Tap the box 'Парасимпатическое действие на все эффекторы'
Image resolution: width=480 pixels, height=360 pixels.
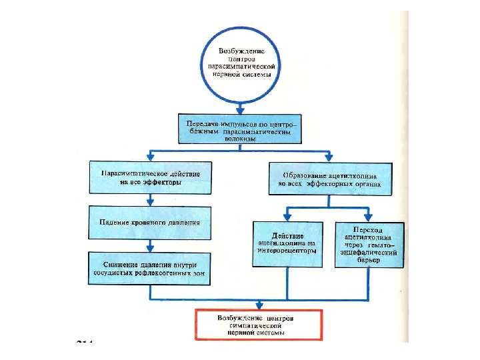tap(151, 177)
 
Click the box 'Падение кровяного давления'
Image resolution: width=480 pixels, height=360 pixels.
tap(151, 222)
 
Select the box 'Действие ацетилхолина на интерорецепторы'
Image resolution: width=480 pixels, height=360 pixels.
tap(288, 243)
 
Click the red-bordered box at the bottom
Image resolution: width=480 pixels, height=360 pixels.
tap(257, 324)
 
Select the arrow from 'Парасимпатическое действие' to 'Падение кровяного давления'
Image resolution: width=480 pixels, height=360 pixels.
tap(151, 199)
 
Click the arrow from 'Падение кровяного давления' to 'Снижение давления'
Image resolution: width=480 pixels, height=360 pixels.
tap(151, 245)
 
